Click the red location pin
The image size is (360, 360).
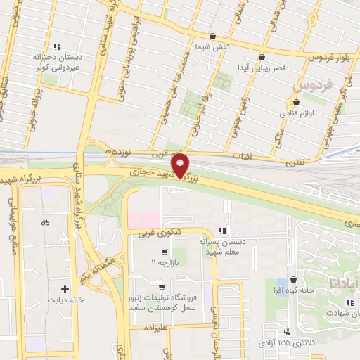181,165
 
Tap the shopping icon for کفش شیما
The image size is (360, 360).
212,35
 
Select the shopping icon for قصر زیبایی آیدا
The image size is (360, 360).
262,58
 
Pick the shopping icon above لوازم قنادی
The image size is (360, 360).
296,102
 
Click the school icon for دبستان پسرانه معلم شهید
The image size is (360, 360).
222,231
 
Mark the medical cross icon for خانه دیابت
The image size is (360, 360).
65,288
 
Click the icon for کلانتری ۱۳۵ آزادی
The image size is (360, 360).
286,333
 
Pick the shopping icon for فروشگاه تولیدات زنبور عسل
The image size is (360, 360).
162,287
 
